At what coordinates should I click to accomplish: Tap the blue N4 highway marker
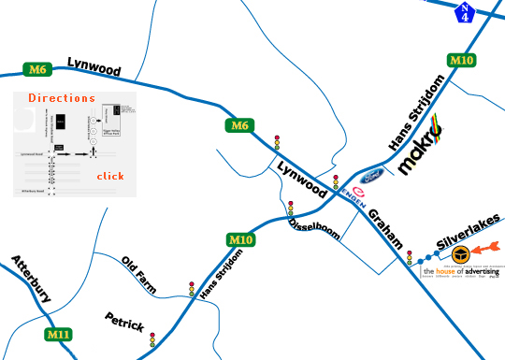465,12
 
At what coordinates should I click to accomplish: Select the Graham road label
386,228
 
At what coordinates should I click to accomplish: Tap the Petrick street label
124,323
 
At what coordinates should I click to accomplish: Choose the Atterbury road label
30,278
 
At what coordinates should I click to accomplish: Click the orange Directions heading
62,98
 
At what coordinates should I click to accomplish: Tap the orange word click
109,176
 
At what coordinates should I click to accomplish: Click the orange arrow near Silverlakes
488,249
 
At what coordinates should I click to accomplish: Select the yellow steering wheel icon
460,253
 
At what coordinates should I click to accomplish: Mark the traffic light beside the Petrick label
152,340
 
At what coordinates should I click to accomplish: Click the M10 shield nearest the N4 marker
461,61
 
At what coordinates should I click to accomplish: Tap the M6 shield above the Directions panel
37,69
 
